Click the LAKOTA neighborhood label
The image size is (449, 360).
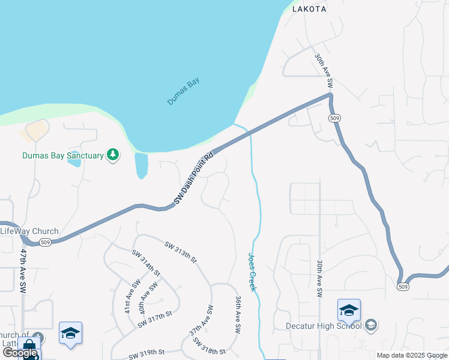309,9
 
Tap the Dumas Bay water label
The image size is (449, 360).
183,92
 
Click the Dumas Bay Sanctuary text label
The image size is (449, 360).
63,156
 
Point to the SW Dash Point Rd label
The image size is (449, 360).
194,179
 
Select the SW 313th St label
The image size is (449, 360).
181,251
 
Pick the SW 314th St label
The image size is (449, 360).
146,263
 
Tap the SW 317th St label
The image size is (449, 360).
155,319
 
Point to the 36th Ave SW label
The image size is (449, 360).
238,314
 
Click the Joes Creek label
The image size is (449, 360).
253,271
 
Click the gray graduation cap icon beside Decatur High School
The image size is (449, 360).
371,325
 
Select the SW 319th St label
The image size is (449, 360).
146,354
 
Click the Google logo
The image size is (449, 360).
20,353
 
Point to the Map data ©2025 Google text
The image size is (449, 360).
412,355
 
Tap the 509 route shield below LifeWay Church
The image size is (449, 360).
45,242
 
